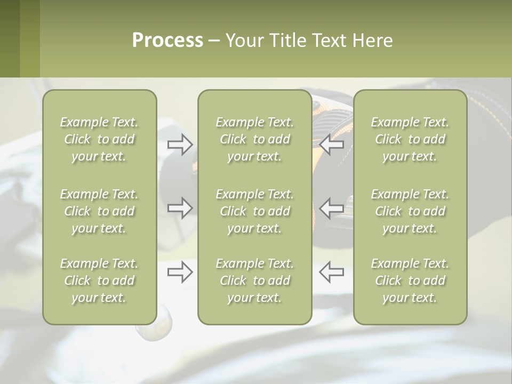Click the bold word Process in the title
coord(167,41)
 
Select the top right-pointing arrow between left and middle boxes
coord(180,145)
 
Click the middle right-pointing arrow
coord(180,207)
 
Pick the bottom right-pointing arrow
coord(180,272)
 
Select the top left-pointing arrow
coord(331,145)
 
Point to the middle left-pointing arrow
coord(331,207)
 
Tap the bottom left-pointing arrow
coord(331,272)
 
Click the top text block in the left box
coord(99,139)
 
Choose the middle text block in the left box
coord(99,211)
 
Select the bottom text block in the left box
coord(99,281)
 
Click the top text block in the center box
coord(254,139)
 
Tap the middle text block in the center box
coord(254,211)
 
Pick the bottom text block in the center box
coord(254,281)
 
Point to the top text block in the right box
coord(410,139)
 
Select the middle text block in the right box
coord(410,211)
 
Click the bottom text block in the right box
coord(410,281)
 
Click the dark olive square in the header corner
coord(10,38)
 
